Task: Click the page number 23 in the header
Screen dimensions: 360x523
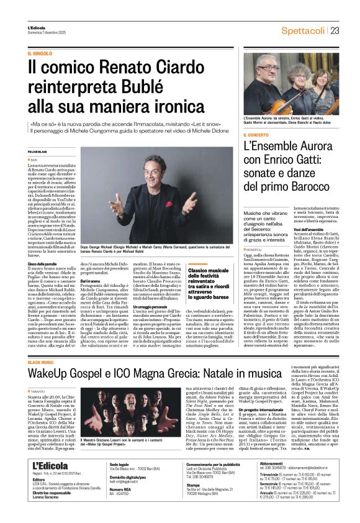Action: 335,30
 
